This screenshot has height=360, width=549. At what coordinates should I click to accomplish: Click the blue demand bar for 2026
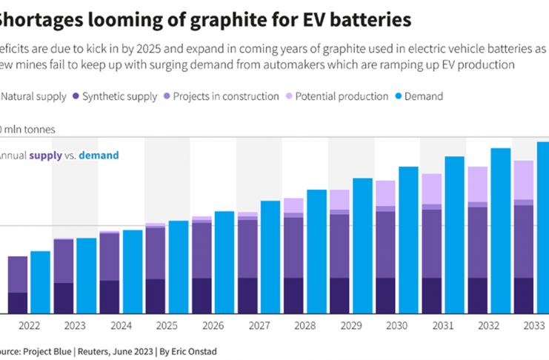pyautogui.click(x=224, y=262)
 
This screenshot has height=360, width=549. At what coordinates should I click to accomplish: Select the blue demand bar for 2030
pyautogui.click(x=408, y=240)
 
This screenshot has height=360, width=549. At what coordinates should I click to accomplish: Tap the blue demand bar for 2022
pyautogui.click(x=41, y=282)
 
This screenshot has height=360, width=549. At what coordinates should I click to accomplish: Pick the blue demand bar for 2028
pyautogui.click(x=316, y=251)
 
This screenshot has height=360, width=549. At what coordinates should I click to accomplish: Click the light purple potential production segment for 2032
pyautogui.click(x=479, y=184)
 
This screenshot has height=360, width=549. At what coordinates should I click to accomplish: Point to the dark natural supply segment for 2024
pyautogui.click(x=110, y=296)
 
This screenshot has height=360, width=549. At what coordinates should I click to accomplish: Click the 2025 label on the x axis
pyautogui.click(x=167, y=326)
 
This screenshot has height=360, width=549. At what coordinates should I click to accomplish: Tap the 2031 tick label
pyautogui.click(x=443, y=326)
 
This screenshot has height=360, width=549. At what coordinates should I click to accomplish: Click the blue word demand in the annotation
pyautogui.click(x=99, y=156)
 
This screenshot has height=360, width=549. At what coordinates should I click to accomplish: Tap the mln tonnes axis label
pyautogui.click(x=29, y=129)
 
